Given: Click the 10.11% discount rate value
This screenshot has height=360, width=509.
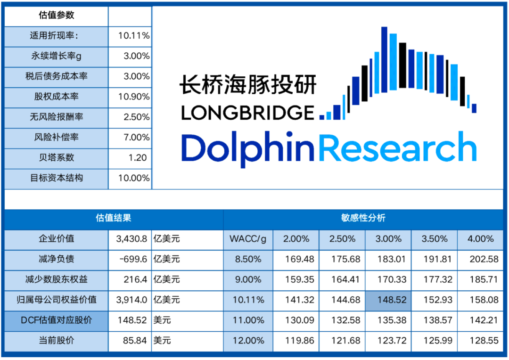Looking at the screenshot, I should [134, 36].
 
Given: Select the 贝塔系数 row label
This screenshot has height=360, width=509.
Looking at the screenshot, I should [57, 158].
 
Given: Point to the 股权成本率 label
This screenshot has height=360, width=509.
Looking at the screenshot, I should [57, 97].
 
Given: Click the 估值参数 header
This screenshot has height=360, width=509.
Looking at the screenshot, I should [57, 15].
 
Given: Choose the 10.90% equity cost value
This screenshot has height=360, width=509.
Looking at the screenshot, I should [134, 97].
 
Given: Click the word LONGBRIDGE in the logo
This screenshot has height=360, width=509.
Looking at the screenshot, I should [247, 113].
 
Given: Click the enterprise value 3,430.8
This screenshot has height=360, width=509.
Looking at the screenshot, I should [131, 239].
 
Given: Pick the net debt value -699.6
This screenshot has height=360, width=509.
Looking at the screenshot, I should [133, 259].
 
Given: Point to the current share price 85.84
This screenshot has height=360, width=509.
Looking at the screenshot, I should [134, 340].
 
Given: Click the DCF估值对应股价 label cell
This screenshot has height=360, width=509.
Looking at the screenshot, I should [57, 320].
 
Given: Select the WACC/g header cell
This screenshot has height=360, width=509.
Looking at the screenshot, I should [247, 239].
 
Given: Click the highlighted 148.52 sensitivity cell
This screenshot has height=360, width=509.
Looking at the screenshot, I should [388, 300].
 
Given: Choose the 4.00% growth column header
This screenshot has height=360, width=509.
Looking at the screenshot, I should [480, 239].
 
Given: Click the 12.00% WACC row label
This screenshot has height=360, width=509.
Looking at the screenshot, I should [248, 340].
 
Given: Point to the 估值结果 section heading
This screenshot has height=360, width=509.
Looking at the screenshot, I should [113, 218].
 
